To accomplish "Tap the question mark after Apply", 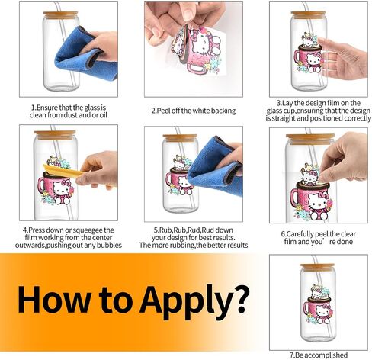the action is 239,298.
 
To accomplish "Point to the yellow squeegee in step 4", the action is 63,170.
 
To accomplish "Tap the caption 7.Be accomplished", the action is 319,355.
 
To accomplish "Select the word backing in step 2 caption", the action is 223,111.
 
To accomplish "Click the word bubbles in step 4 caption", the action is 109,245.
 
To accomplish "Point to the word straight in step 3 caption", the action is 284,118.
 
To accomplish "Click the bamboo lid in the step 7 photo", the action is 317,266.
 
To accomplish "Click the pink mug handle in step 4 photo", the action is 41,185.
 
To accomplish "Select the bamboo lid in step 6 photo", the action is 310,139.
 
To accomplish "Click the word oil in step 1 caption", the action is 103,115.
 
